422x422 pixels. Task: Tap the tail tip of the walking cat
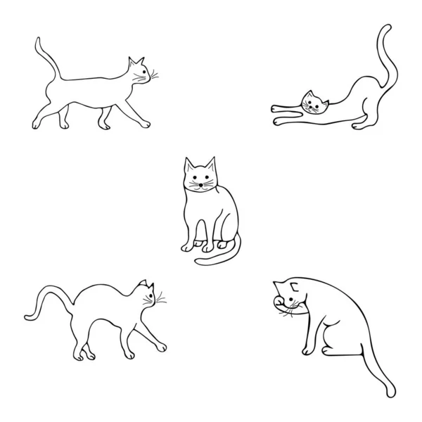pos(37,41)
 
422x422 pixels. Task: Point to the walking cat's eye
pos(144,71)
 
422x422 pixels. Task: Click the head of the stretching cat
pos(314,103)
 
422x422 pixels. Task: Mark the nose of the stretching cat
pos(314,108)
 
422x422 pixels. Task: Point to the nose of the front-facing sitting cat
pos(200,184)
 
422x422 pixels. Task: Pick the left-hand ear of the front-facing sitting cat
pos(189,164)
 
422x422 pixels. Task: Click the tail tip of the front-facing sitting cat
pos(198,263)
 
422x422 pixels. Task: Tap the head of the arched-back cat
pos(146,294)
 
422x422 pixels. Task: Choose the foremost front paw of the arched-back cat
pos(162,347)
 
